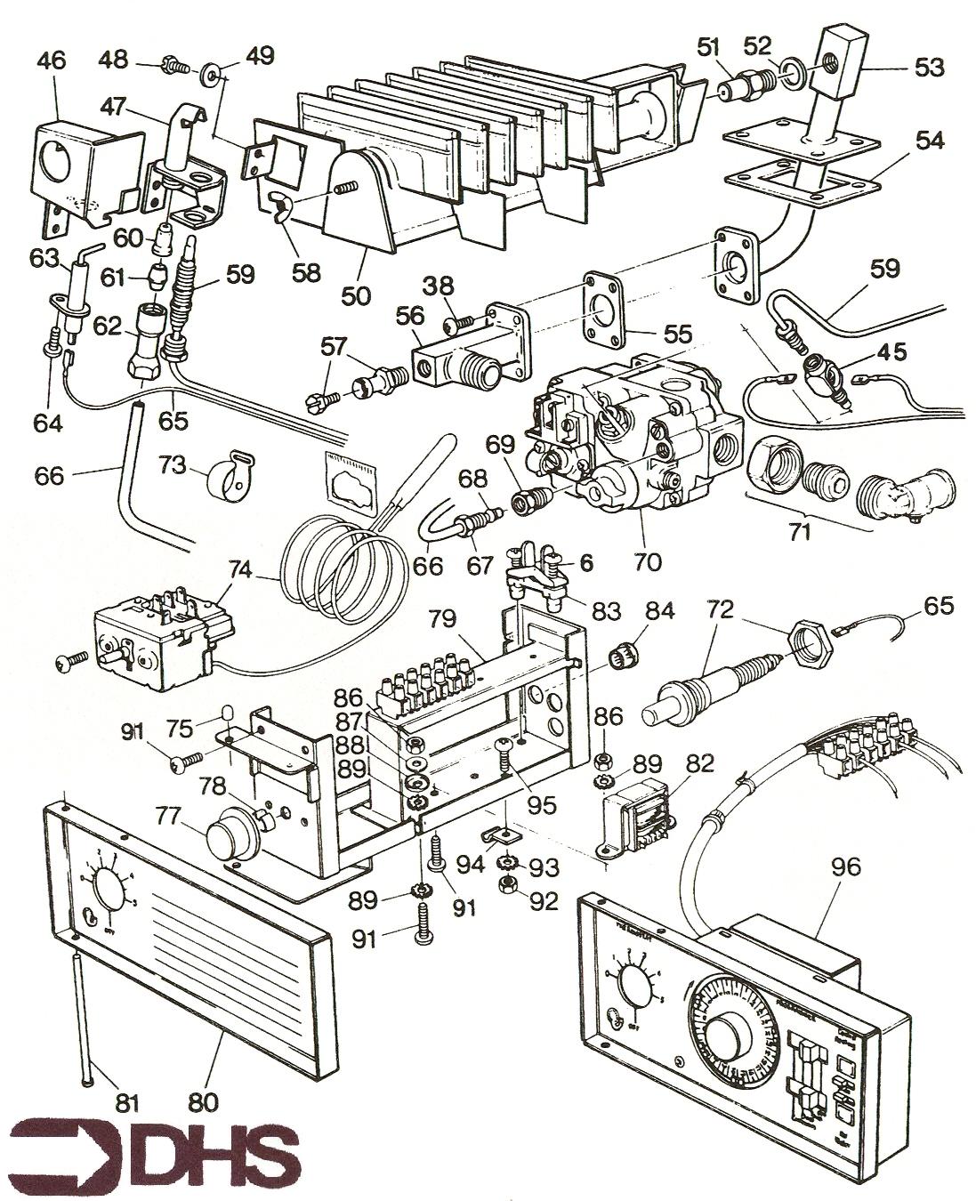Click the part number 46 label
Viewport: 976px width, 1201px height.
tap(52, 60)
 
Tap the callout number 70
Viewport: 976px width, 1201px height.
tap(647, 561)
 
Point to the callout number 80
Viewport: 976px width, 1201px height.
tap(204, 1102)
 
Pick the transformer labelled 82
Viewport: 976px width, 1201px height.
tap(638, 826)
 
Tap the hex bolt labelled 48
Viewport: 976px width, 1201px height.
tap(172, 64)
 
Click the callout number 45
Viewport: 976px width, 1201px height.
tap(891, 353)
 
